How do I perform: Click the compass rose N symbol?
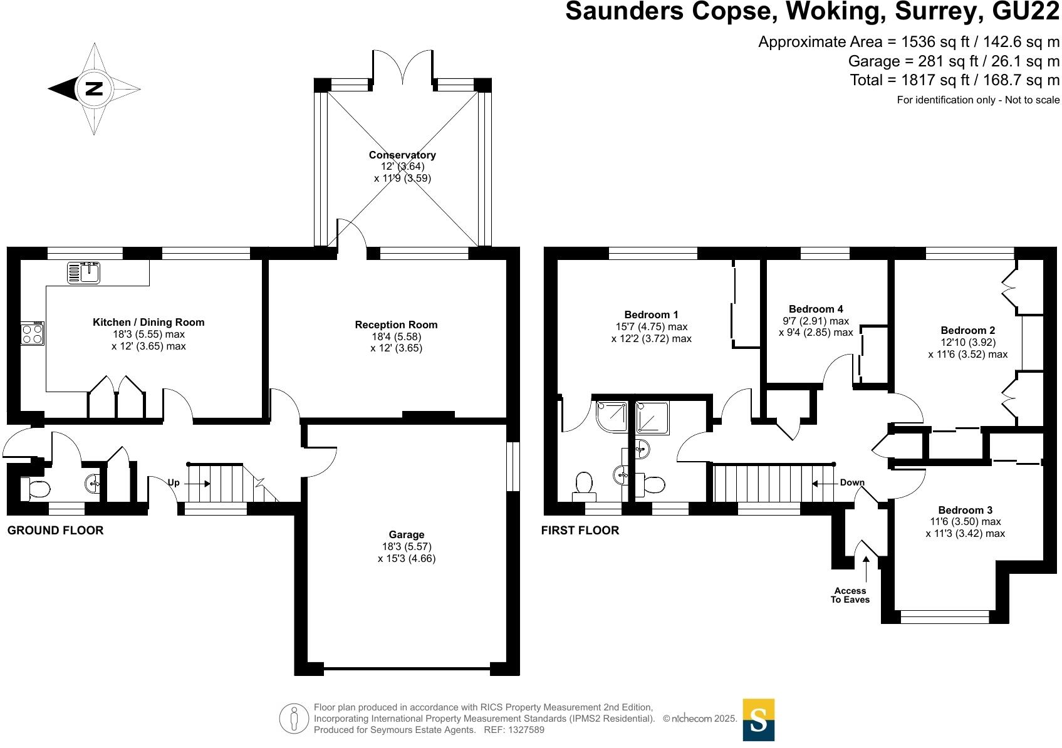(x=93, y=89)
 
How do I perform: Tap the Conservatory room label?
(x=402, y=155)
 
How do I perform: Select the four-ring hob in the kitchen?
(x=33, y=333)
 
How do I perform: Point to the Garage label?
(x=407, y=534)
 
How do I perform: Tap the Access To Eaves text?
(x=850, y=595)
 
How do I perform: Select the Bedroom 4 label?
(x=816, y=309)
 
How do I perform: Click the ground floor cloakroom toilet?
(x=35, y=489)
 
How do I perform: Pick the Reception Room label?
(x=396, y=325)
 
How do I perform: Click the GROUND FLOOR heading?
(x=55, y=531)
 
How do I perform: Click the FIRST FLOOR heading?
(x=580, y=531)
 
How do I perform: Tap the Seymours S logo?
(x=758, y=720)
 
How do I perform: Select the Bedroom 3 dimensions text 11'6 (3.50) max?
(x=966, y=521)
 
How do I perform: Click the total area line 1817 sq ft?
(x=954, y=80)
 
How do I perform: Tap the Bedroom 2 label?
(x=968, y=330)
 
